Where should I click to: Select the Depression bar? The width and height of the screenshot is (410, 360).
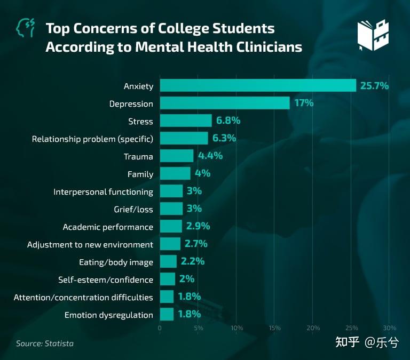225,103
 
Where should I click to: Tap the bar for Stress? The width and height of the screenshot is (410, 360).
186,121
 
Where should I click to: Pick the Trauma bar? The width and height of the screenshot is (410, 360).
177,156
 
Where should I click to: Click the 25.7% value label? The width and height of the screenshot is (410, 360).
374,85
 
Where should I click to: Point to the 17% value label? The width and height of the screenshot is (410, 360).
304,103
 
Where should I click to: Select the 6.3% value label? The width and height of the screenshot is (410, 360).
224,138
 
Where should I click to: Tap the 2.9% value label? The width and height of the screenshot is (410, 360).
198,226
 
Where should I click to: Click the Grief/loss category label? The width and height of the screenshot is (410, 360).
133,209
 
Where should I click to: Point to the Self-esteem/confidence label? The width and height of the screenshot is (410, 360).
106,279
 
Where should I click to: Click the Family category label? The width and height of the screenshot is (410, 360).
140,174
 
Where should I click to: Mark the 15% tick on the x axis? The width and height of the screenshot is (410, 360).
275,327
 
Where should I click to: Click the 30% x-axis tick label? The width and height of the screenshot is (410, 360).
389,327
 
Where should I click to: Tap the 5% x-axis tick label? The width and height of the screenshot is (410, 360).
199,327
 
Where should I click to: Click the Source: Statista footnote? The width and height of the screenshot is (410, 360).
45,343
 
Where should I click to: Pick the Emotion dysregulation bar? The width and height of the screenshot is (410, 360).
167,315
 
